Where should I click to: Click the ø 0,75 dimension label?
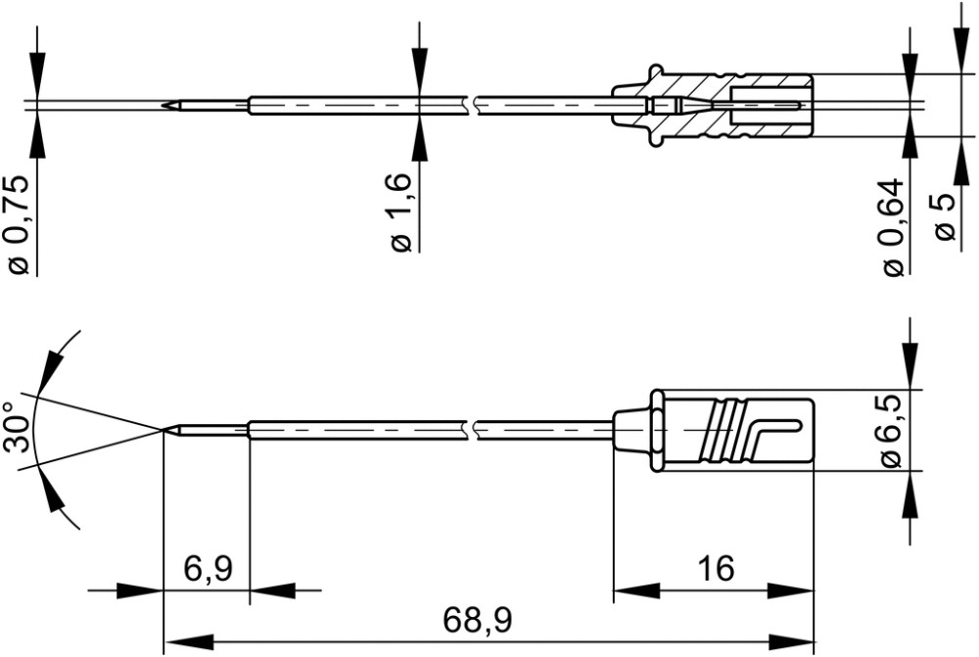point(19,225)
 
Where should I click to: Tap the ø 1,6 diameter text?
point(401,213)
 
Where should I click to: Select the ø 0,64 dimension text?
point(894,227)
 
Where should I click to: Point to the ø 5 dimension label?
point(946,216)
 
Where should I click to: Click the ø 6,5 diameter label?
point(893,431)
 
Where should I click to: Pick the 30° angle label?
point(18,427)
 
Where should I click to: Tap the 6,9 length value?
point(208,569)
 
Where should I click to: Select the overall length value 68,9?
point(478,621)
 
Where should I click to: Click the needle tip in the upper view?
point(163,105)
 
